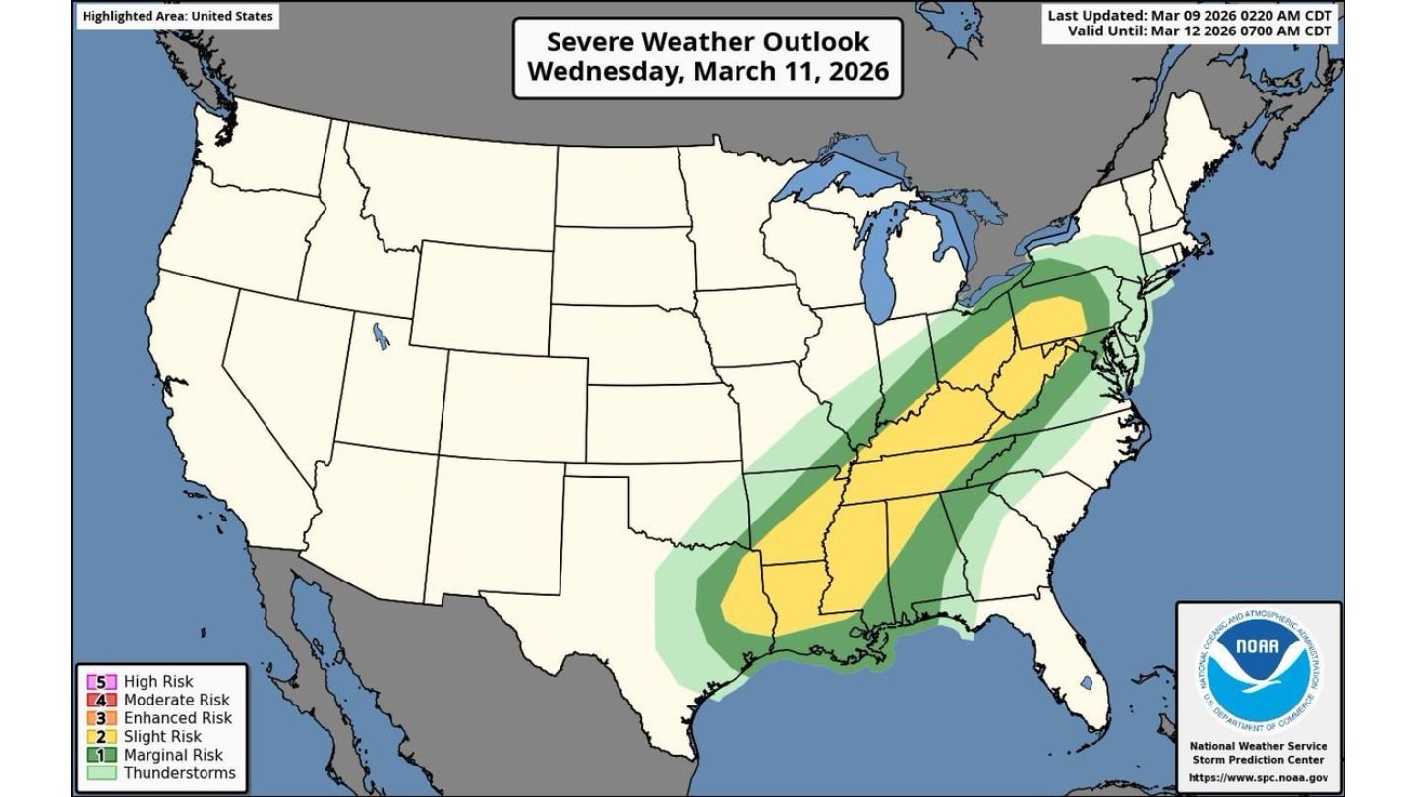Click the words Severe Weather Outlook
pos(707,42)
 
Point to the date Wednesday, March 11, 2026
pos(707,72)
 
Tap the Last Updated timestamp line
pos(1190,16)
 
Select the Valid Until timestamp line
pos(1200,31)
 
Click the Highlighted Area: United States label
pos(177,16)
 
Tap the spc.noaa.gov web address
pos(1260,777)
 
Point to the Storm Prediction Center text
pos(1260,760)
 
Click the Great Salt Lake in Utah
pos(380,336)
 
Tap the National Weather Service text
pos(1260,746)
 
